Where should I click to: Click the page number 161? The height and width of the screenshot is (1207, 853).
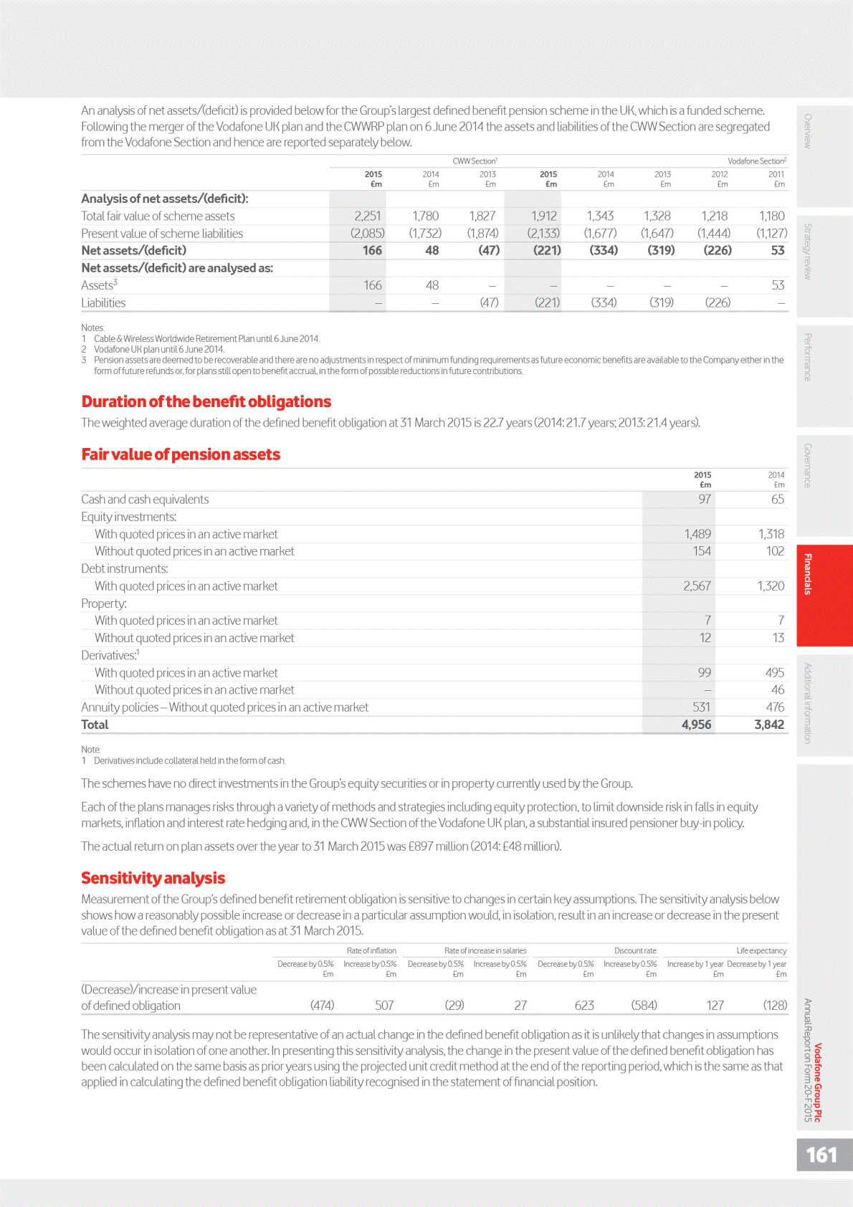(821, 1155)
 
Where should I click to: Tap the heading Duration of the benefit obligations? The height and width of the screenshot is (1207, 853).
(206, 401)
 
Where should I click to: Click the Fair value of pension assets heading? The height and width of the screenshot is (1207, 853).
(181, 454)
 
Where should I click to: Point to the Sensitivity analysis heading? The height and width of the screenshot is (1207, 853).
(153, 878)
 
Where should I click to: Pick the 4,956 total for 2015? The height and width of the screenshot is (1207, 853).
(696, 725)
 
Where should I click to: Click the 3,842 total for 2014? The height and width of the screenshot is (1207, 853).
(769, 725)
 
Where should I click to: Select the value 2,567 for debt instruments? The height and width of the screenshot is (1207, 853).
(697, 586)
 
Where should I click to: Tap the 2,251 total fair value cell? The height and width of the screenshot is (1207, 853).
(368, 216)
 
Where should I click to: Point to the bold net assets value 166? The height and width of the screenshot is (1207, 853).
(372, 250)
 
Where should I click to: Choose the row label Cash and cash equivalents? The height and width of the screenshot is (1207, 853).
(145, 500)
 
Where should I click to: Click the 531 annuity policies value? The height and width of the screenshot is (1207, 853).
(701, 707)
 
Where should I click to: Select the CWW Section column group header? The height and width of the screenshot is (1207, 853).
(475, 161)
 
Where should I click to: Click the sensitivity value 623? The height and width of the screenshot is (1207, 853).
(584, 1005)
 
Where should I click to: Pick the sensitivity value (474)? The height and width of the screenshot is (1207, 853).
(322, 1005)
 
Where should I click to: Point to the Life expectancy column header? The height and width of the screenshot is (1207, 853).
(761, 950)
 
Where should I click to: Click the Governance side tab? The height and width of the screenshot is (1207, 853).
(808, 465)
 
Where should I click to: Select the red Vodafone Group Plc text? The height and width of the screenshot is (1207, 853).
(818, 1082)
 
